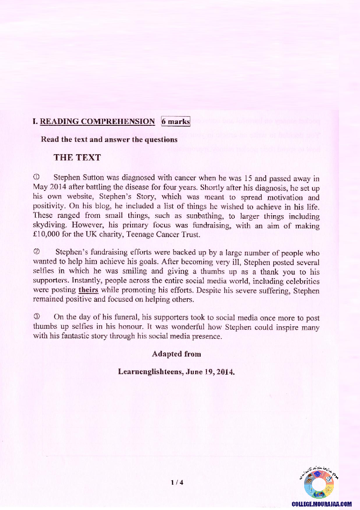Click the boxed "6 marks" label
pos(175,121)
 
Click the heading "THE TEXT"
pos(77,158)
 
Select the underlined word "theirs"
pos(88,290)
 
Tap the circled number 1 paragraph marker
pos(37,178)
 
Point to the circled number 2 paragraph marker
pos(37,252)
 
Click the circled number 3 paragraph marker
pos(37,317)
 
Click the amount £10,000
pos(48,235)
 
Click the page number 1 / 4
pos(177,482)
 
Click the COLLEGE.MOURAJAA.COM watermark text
pos(322,504)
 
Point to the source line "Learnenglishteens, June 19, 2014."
pos(176,372)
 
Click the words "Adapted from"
pos(176,353)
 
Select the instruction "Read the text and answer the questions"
pos(109,140)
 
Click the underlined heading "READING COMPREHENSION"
pos(97,122)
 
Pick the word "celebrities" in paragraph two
pos(302,281)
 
